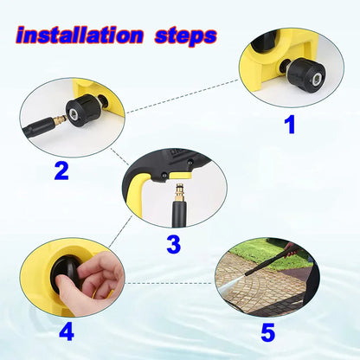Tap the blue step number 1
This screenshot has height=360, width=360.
point(290,124)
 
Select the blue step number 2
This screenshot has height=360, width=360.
point(61,170)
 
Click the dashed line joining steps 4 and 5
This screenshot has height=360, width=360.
point(169,282)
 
